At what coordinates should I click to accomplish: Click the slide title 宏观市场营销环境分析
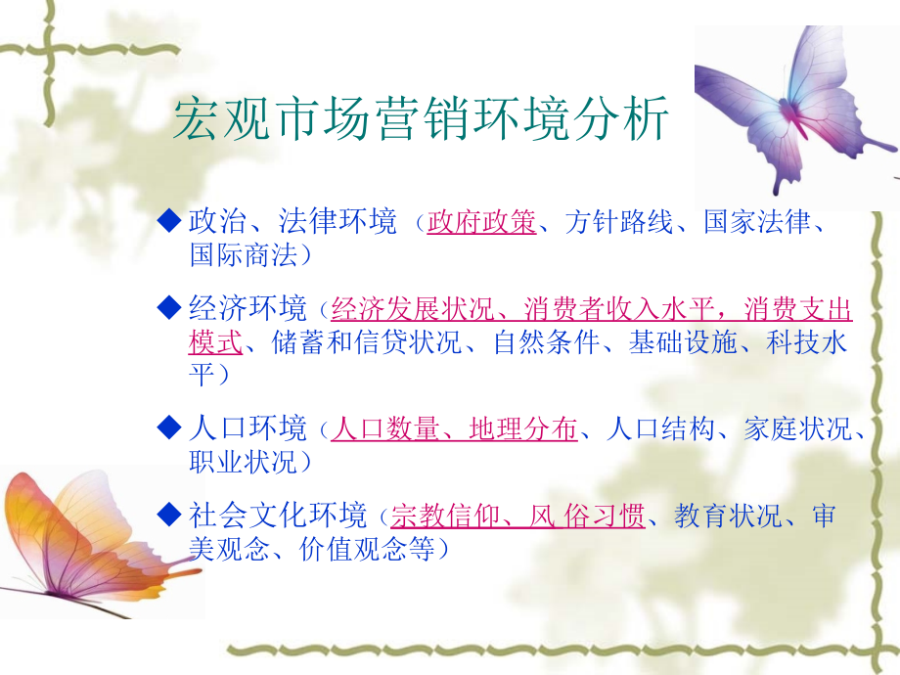coord(421,118)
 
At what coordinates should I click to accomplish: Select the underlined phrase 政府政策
coord(481,222)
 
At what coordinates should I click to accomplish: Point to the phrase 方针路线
coord(618,222)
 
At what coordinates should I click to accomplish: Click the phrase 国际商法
coord(244,255)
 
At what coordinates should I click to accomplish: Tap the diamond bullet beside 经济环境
coord(169,307)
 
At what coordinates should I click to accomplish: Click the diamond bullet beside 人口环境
coord(169,427)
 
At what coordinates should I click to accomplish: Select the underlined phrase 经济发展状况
coord(413,309)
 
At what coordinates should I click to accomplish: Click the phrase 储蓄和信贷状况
coord(366,342)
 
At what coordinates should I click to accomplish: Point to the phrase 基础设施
coord(683,342)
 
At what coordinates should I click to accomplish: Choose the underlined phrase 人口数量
coord(385,428)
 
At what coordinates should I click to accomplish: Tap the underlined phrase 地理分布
coord(523,428)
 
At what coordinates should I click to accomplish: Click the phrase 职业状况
coord(244,462)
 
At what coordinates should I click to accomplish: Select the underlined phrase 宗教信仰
coord(445,516)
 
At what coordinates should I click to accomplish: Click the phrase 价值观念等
coord(367,549)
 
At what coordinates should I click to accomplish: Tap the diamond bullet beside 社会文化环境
coord(169,514)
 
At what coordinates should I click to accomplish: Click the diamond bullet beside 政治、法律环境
coord(169,220)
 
